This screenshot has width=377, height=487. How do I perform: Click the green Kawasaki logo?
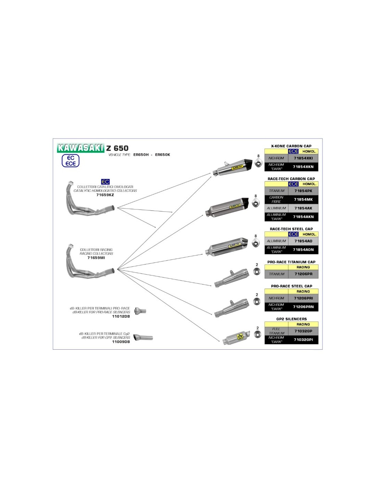[x=81, y=148]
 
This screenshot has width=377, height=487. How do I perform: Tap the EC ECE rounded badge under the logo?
[x=71, y=161]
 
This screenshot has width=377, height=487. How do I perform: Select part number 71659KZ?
[x=105, y=195]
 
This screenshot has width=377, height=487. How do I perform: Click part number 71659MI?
[x=96, y=258]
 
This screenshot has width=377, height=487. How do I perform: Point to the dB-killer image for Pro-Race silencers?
[x=140, y=311]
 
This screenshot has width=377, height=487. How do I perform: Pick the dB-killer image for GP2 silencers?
[x=143, y=338]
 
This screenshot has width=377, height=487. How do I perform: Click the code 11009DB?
[x=121, y=342]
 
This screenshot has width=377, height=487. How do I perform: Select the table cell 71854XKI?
[x=303, y=158]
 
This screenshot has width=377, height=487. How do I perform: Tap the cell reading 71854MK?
[x=303, y=199]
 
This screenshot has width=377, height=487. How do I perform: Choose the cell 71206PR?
[x=303, y=274]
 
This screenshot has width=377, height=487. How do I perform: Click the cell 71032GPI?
[x=303, y=340]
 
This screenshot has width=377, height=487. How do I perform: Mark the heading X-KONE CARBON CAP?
[x=291, y=146]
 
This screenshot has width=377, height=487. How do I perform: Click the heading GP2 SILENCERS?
[x=292, y=319]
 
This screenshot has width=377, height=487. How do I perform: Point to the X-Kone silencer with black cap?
[x=232, y=167]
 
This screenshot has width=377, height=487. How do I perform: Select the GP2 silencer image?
[x=236, y=338]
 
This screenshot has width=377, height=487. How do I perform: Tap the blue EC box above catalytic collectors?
[x=105, y=182]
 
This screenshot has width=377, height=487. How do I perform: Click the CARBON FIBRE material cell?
[x=276, y=199]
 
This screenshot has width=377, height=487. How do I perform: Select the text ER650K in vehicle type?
[x=162, y=155]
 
